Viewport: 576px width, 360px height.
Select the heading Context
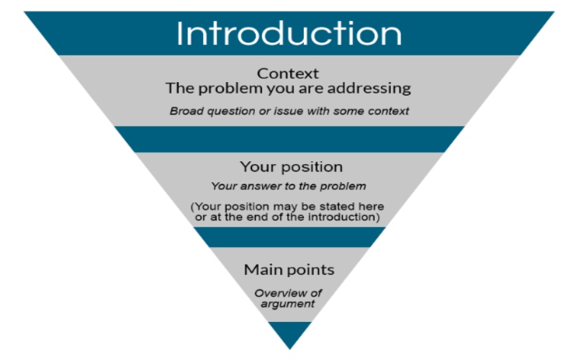click(x=288, y=73)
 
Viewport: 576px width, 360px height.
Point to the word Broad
click(x=185, y=111)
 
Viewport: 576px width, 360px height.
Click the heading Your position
click(x=291, y=167)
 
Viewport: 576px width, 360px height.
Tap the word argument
click(x=288, y=304)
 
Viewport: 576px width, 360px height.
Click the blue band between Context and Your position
click(x=289, y=138)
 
